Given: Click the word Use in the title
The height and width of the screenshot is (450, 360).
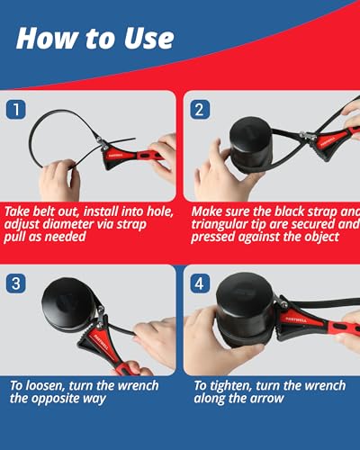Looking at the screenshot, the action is tap(148, 39).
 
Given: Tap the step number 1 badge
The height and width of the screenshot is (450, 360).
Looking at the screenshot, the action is tap(16, 110).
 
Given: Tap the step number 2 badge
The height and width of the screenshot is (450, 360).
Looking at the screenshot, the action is tap(200, 110).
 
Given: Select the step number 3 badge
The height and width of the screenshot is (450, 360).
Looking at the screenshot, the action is tap(16, 283).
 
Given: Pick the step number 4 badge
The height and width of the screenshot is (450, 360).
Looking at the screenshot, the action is tap(200, 283).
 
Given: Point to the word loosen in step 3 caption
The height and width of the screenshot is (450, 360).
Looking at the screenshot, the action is tap(45, 385).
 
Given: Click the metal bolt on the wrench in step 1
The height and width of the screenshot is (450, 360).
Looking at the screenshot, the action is tap(99, 139).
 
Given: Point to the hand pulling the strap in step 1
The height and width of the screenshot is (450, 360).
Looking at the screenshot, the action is tap(59, 179).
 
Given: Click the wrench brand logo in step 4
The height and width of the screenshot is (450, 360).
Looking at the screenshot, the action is tap(296, 319).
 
